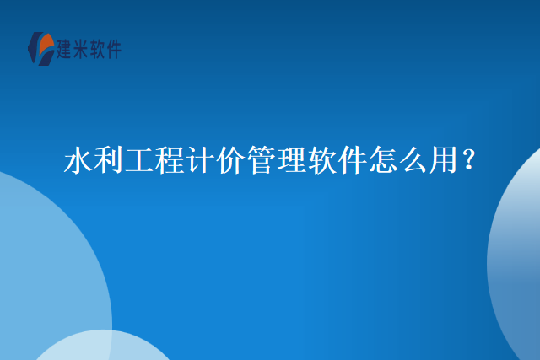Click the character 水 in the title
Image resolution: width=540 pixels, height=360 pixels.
click(78, 159)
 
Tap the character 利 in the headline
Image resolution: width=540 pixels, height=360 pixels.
click(109, 159)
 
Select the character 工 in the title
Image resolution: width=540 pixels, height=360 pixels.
click(138, 159)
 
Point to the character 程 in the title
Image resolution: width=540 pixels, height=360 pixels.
click(169, 159)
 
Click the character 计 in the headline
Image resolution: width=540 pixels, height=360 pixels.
click(200, 159)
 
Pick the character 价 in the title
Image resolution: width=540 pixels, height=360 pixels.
click(230, 159)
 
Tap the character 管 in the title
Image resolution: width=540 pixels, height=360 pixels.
click(261, 159)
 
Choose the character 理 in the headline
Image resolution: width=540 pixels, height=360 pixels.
click(291, 159)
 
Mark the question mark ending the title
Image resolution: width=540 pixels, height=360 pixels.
click(469, 159)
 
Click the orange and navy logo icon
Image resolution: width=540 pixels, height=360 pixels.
click(41, 49)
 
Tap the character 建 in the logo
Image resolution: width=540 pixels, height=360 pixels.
click(64, 49)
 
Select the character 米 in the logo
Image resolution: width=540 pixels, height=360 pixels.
click(81, 49)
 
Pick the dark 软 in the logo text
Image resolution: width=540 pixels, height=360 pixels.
click(97, 49)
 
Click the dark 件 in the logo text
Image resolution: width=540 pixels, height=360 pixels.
click(113, 49)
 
